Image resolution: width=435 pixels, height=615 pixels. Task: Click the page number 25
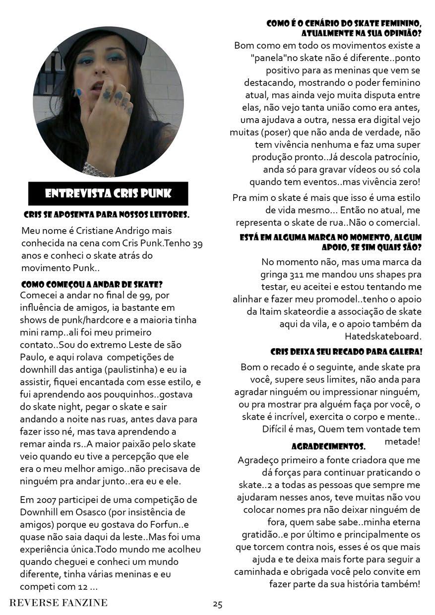coord(218,604)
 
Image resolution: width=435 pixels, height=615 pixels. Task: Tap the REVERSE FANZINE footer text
coord(59,603)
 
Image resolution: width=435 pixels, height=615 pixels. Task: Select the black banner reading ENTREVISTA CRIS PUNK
coord(108,193)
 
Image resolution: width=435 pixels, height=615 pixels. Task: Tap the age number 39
coord(197,244)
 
